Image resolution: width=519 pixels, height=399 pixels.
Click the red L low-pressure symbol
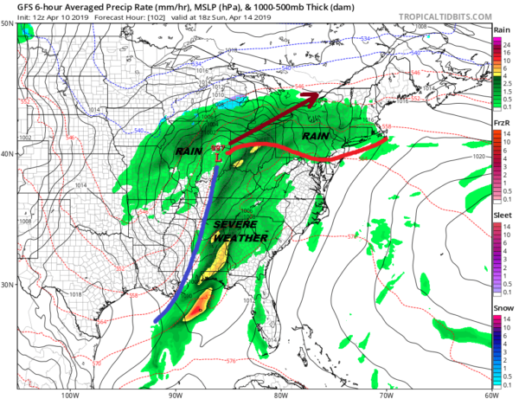[x=221, y=157]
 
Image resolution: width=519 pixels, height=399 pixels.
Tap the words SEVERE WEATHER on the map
[x=235, y=230]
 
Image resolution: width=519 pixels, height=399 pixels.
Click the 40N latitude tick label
[x=8, y=155]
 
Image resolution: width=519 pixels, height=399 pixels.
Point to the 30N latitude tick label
[x=8, y=285]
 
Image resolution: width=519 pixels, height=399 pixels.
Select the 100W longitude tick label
[x=70, y=393]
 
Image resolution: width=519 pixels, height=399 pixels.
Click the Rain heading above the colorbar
[x=500, y=29]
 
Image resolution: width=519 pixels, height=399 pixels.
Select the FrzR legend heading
[x=500, y=124]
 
